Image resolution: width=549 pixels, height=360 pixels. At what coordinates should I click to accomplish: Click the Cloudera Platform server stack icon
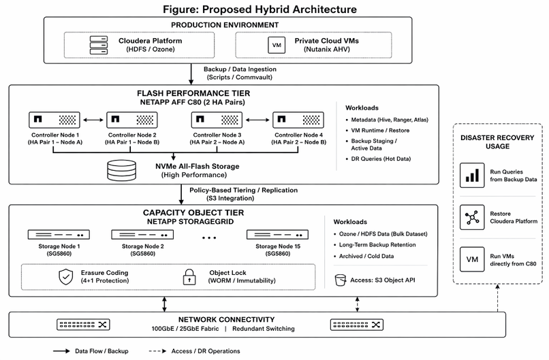pos(99,45)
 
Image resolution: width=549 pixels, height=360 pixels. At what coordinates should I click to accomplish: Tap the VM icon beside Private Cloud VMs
pos(277,45)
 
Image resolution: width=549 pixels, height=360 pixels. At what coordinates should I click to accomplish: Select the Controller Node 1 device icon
pos(54,120)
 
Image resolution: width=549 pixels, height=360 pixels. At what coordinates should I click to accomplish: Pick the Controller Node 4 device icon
pos(298,120)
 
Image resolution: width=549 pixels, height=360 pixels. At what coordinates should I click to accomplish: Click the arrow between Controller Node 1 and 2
pos(93,120)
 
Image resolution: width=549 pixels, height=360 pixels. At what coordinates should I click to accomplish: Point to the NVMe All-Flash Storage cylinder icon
pos(121,170)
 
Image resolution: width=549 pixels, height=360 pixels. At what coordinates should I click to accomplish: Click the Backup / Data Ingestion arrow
pos(191,74)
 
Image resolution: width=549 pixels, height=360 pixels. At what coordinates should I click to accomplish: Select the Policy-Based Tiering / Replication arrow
pos(181,195)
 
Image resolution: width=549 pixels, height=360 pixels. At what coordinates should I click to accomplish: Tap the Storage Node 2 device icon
pos(142,235)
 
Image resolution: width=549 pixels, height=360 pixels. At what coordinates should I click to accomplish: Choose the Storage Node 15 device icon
pos(278,235)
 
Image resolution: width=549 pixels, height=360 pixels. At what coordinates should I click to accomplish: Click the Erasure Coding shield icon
pos(66,277)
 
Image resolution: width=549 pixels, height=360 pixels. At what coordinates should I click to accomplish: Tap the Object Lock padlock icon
pos(189,277)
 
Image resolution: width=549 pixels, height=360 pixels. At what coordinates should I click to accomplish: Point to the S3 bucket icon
pos(341,280)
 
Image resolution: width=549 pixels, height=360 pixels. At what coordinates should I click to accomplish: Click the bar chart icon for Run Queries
pos(472,176)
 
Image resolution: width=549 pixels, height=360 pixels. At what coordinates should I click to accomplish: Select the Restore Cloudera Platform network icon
pos(472,217)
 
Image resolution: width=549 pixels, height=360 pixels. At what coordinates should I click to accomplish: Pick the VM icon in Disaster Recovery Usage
pos(472,259)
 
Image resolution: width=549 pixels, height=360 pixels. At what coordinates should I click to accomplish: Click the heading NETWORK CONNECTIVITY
pos(227,319)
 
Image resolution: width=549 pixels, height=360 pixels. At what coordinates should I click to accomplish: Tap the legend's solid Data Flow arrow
pos(61,351)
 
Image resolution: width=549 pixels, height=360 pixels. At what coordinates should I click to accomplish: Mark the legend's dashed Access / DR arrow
pos(157,351)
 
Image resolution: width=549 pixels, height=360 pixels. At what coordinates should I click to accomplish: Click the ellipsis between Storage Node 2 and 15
pos(209,238)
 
